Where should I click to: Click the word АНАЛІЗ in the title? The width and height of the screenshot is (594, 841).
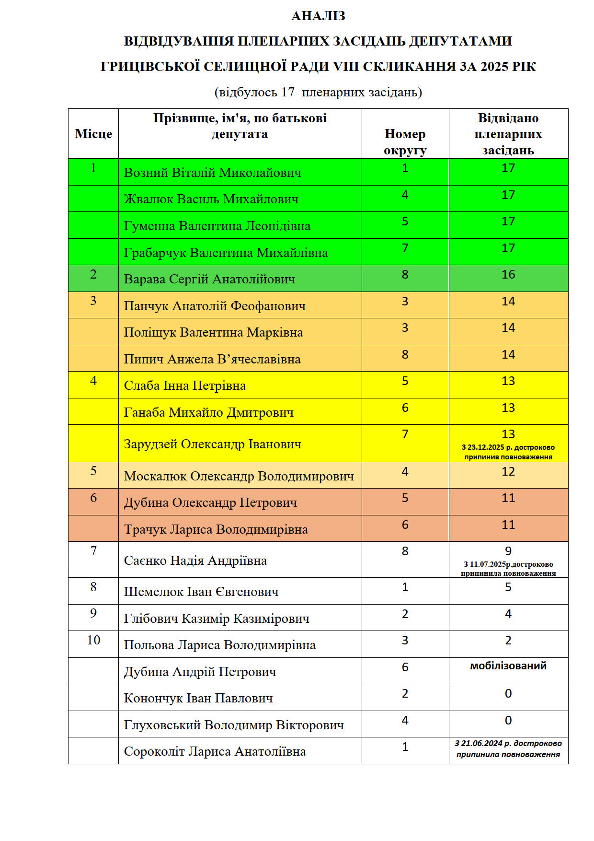pyautogui.click(x=318, y=16)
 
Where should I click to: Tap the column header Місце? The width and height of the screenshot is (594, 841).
pyautogui.click(x=93, y=134)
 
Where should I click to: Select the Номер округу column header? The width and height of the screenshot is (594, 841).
pyautogui.click(x=405, y=142)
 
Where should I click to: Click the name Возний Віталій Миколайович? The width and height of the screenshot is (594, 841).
pyautogui.click(x=213, y=173)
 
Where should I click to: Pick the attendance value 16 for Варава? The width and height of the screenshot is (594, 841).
pyautogui.click(x=508, y=275)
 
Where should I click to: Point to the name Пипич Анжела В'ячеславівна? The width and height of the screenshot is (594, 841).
pyautogui.click(x=212, y=359)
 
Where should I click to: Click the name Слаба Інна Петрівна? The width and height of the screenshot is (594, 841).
pyautogui.click(x=185, y=385)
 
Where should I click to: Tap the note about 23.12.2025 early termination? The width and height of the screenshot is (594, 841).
pyautogui.click(x=508, y=452)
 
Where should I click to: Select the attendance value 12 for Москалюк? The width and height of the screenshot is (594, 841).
pyautogui.click(x=508, y=472)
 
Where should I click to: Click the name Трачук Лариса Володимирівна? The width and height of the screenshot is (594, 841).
pyautogui.click(x=216, y=529)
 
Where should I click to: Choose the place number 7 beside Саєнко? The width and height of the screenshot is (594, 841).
pyautogui.click(x=93, y=551)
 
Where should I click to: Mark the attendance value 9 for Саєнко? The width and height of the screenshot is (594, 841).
pyautogui.click(x=508, y=551)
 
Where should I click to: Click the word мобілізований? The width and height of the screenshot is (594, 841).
pyautogui.click(x=508, y=666)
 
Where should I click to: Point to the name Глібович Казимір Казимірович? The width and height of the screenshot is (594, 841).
pyautogui.click(x=217, y=619)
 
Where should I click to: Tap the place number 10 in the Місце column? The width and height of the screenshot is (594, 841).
pyautogui.click(x=93, y=640)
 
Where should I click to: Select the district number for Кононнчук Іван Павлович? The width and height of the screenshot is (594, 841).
pyautogui.click(x=405, y=694)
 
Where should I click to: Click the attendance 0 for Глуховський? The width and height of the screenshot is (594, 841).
pyautogui.click(x=508, y=721)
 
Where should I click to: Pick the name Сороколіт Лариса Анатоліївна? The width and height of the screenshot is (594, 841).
pyautogui.click(x=215, y=751)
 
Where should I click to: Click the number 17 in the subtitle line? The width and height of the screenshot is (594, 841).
pyautogui.click(x=288, y=92)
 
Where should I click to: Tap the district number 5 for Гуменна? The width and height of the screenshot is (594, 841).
pyautogui.click(x=405, y=222)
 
